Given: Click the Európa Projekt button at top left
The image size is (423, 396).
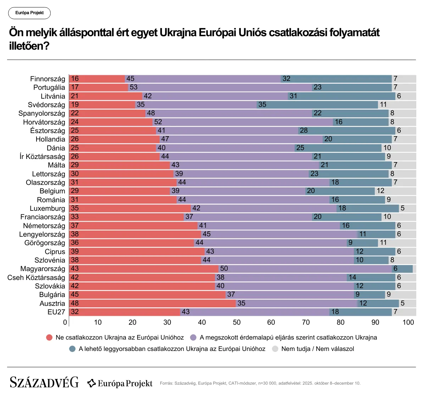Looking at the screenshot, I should click(x=29, y=13).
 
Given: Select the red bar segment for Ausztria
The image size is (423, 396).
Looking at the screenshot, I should click(x=152, y=303).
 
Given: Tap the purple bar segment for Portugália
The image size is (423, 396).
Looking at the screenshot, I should click(x=220, y=87).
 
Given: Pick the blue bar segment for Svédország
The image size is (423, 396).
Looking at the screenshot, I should click(x=317, y=105).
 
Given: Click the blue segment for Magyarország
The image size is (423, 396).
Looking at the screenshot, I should click(x=402, y=269).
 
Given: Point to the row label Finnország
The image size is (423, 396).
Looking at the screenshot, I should click(x=48, y=79).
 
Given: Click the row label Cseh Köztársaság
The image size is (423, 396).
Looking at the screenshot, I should click(x=36, y=277).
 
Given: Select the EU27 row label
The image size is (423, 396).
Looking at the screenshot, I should click(x=56, y=312).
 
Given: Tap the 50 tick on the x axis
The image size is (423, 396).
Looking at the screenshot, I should click(x=236, y=322).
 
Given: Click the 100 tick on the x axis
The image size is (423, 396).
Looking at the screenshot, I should click(x=408, y=322).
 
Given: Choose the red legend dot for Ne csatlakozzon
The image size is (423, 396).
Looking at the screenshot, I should click(x=49, y=337).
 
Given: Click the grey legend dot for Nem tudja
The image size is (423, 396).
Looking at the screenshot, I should click(x=275, y=349).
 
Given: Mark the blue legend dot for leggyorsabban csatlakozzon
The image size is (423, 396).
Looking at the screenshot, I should click(x=72, y=349).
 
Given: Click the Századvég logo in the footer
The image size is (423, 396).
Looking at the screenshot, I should click(x=44, y=383).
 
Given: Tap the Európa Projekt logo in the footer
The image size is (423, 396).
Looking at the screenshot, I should click(x=120, y=383).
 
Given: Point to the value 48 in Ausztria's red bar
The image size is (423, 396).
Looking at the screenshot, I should click(x=74, y=303).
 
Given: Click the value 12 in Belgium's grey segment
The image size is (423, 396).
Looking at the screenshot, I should click(x=380, y=191).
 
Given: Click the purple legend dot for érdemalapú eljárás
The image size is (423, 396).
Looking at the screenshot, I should click(x=193, y=337).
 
